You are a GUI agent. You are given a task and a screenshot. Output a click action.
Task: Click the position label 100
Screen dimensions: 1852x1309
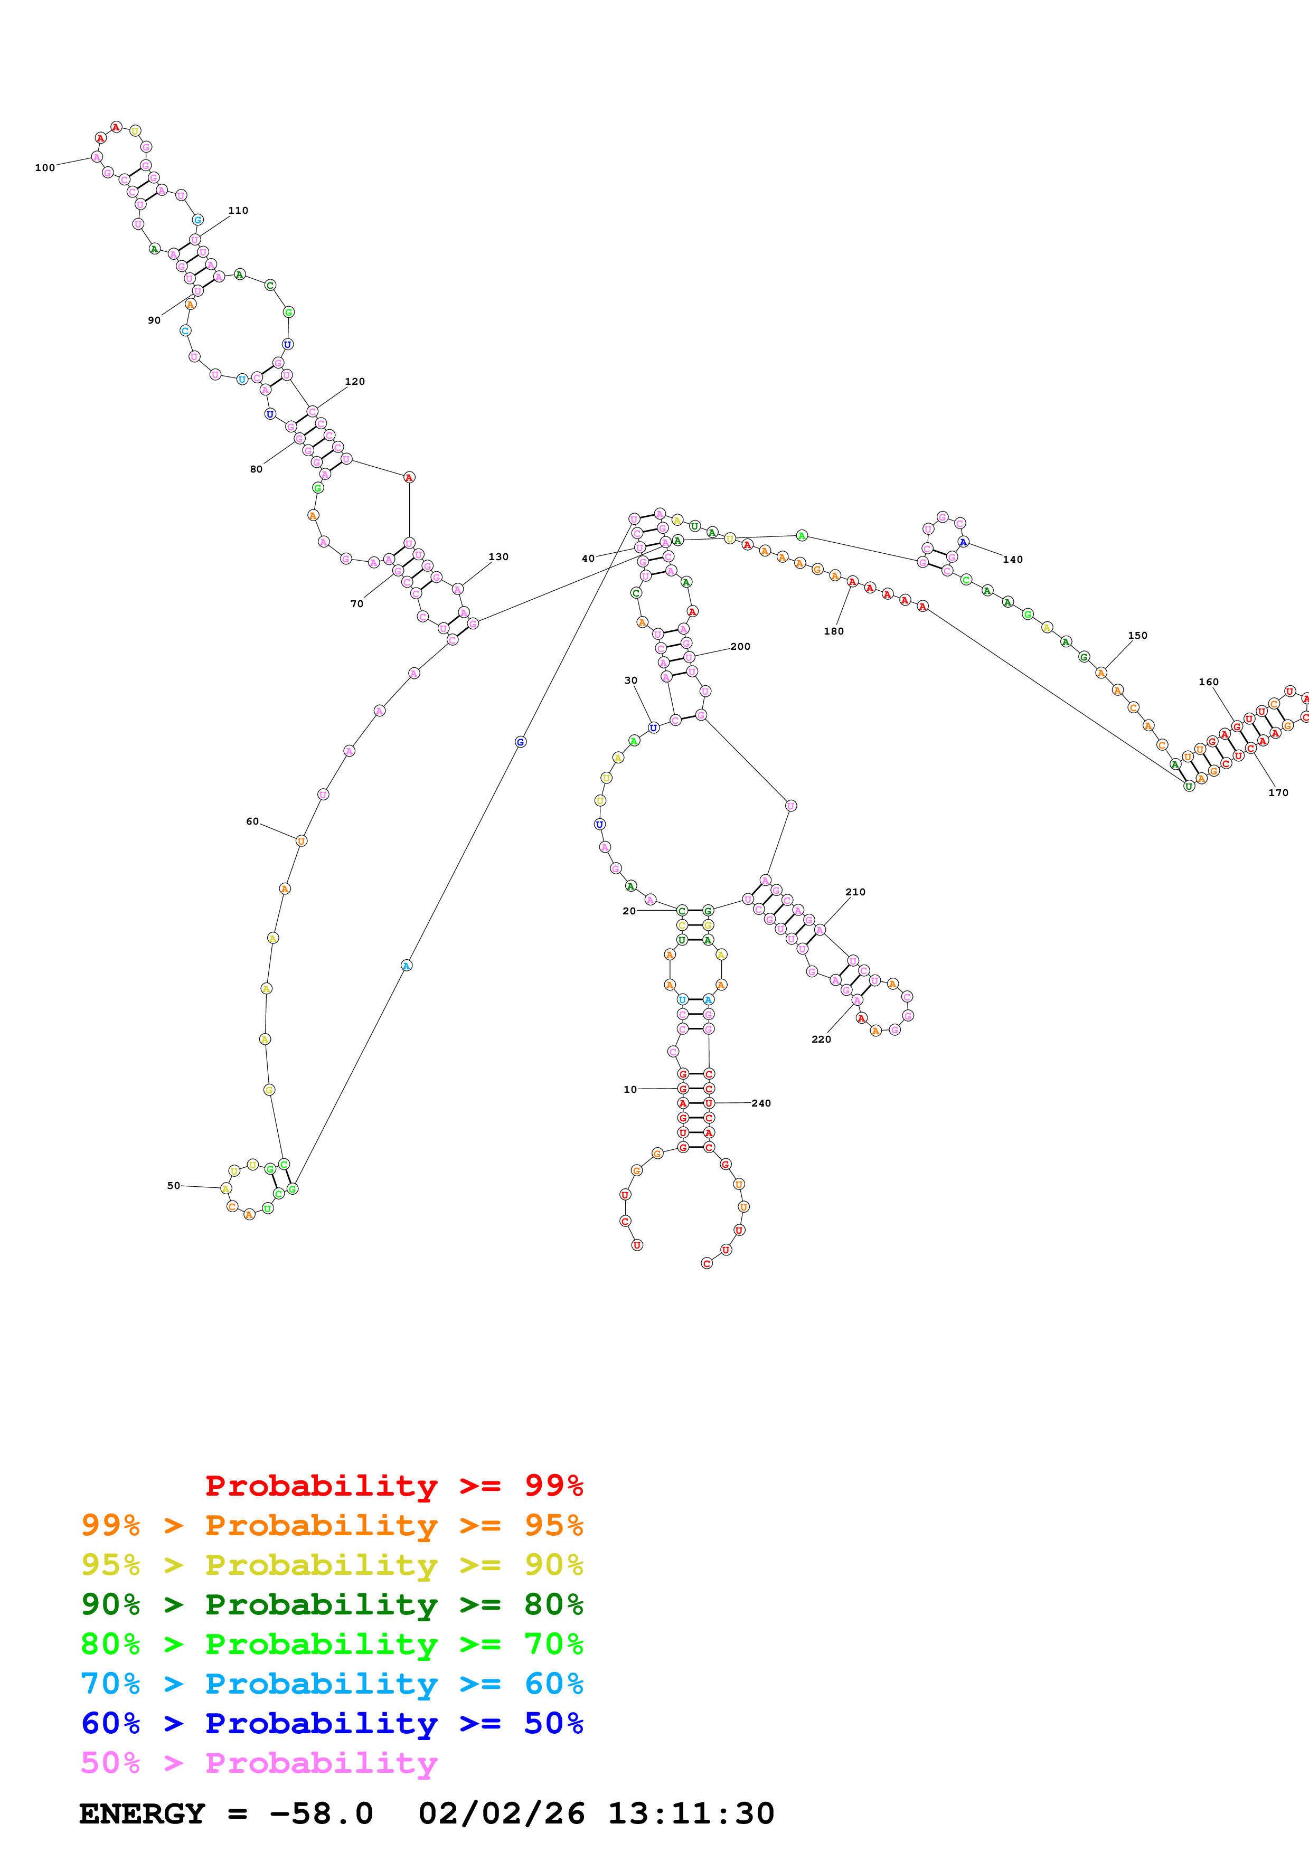[45, 168]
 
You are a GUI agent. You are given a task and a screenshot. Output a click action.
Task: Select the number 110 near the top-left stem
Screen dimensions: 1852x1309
[238, 211]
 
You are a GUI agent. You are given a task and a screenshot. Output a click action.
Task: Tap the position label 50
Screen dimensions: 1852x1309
[173, 1186]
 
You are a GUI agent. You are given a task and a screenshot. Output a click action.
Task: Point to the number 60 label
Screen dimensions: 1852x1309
[252, 821]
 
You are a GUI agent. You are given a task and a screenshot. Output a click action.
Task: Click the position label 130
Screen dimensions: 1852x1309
[498, 556]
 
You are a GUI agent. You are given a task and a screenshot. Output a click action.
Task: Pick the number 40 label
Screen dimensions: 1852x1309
[588, 558]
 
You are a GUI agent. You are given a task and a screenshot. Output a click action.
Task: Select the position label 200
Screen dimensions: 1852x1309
[740, 646]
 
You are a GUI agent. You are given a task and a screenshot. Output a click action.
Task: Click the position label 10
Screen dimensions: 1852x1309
[630, 1089]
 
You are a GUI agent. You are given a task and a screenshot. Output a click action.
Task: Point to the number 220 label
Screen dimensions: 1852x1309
[821, 1039]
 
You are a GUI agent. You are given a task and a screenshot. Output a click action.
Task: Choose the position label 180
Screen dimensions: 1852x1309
[834, 631]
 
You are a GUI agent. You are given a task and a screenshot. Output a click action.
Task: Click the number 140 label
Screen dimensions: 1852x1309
[1013, 559]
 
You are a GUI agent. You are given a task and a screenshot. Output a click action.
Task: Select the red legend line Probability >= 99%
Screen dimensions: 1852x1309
[393, 1485]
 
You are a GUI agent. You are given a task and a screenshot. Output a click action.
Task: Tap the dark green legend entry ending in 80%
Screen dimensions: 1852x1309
[332, 1604]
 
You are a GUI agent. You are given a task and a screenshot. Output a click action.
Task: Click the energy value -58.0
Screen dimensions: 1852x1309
[321, 1813]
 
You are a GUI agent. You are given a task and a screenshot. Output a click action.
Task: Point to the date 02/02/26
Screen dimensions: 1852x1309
[502, 1813]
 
